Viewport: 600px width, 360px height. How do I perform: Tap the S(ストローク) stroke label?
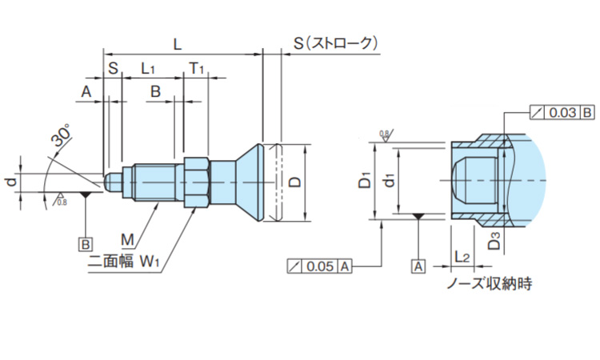[x=334, y=43]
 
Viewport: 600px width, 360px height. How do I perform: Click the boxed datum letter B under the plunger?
[x=85, y=242]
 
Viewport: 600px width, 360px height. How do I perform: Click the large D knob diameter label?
[x=294, y=182]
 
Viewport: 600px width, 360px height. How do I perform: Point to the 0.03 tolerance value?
[x=562, y=113]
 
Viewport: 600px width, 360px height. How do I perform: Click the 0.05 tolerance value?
[x=322, y=266]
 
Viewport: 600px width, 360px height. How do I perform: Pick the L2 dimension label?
[x=462, y=256]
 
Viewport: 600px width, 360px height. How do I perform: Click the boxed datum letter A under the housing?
[x=417, y=266]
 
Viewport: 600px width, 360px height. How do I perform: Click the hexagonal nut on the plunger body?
[x=197, y=182]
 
